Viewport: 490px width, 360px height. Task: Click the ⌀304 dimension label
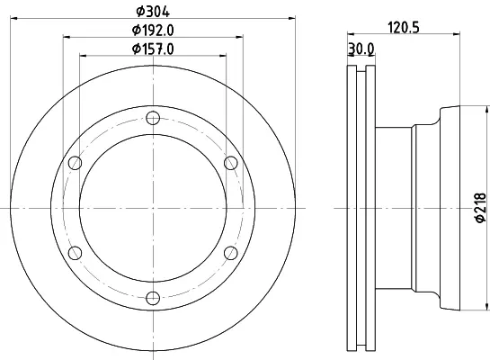coord(153,12)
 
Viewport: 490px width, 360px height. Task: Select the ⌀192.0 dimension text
coord(153,31)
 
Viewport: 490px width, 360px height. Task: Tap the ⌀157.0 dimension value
coord(153,49)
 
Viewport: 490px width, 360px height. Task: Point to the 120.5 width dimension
coord(404,27)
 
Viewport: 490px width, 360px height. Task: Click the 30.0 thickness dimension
coord(361,49)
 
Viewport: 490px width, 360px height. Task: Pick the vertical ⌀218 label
coord(480,208)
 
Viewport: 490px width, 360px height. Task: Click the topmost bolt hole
coord(153,118)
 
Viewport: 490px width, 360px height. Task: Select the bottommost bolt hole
coord(153,298)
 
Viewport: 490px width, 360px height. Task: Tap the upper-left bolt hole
coord(75,163)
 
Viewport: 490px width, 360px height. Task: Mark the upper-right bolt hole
coord(231,163)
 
